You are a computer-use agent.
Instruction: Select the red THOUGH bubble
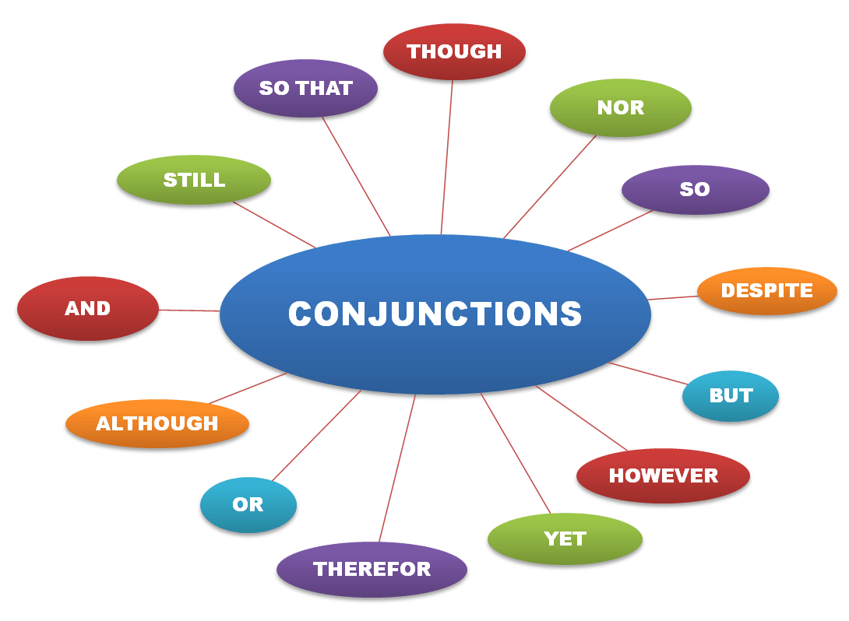tap(455, 52)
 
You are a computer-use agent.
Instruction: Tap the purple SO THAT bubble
tap(305, 89)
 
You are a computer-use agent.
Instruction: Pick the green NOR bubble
tap(620, 108)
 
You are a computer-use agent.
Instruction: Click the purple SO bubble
tap(695, 190)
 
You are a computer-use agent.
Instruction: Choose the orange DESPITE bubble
tap(766, 291)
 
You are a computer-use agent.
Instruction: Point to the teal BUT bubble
tap(731, 395)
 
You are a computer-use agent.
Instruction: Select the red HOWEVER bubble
tap(663, 475)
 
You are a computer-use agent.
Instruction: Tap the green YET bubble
tap(565, 539)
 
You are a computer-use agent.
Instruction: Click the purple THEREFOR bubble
tap(372, 569)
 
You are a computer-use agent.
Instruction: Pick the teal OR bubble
tap(248, 504)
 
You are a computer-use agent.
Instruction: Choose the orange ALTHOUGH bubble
tap(157, 424)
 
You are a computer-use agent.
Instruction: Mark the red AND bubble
tap(87, 309)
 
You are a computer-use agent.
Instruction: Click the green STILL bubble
tap(194, 180)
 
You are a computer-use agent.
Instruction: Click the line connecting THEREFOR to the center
tap(397, 467)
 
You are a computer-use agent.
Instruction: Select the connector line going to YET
tap(516, 454)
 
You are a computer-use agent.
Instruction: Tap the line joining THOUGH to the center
tap(447, 156)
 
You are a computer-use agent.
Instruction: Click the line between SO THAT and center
tap(356, 176)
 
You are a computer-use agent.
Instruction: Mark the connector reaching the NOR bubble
tap(550, 187)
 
